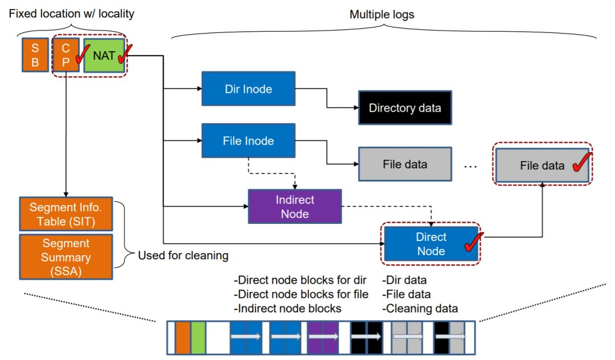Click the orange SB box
tap(35, 55)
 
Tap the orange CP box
tap(65, 55)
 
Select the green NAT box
tap(104, 55)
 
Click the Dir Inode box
tap(248, 89)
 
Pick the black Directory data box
tap(405, 108)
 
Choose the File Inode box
tap(248, 140)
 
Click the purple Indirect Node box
tap(294, 207)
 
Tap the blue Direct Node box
tap(431, 244)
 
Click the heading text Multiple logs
tap(382, 14)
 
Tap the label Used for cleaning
tap(183, 256)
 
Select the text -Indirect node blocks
tap(288, 309)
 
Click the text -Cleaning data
tap(420, 309)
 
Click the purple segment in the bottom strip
tap(323, 338)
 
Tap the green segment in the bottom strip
tap(198, 338)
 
